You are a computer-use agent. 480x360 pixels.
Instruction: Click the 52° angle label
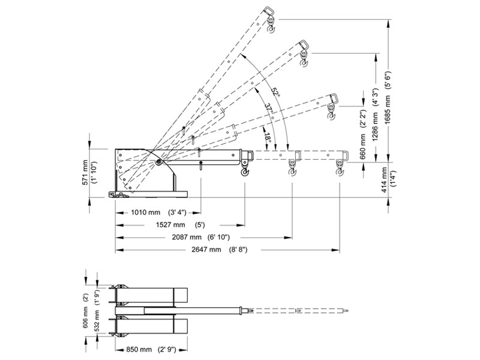tap(275, 92)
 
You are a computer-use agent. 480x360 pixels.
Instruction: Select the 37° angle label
tap(268, 108)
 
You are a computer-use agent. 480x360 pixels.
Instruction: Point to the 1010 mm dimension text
tap(146, 212)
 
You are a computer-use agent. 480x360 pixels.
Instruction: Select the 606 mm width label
tap(86, 316)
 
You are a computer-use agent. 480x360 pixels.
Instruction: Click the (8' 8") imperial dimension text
tap(238, 250)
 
